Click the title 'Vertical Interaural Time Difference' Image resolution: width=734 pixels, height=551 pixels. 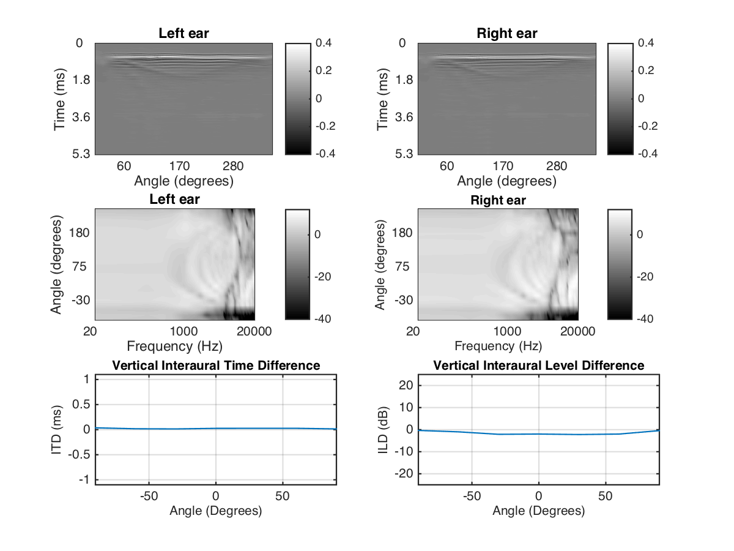coord(215,365)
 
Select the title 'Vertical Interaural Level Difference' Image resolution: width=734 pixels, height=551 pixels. coord(538,365)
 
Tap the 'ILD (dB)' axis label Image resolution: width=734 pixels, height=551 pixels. coord(380,429)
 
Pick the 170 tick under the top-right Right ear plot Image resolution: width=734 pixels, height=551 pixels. coord(503,166)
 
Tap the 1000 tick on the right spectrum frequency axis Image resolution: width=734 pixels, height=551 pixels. coord(507,331)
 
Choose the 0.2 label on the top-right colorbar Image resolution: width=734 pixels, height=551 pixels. coord(646,70)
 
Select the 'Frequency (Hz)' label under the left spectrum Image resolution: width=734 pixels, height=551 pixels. coord(175,346)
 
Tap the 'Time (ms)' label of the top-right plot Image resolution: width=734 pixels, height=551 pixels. coord(384,98)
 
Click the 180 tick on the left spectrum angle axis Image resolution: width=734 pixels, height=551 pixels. coord(80,233)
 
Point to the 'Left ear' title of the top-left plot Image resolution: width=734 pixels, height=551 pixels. coord(183,34)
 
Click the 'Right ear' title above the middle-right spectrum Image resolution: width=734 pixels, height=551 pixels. coord(498,200)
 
